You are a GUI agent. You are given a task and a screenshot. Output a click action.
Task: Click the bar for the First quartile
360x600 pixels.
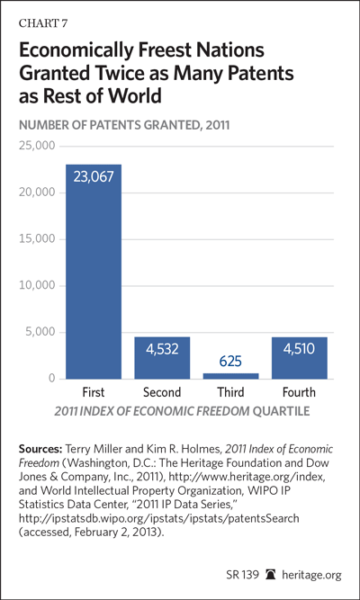(x=94, y=272)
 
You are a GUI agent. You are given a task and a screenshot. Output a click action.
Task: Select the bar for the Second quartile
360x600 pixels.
(x=162, y=358)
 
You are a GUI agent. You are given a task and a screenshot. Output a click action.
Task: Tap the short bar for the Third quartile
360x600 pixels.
(x=231, y=376)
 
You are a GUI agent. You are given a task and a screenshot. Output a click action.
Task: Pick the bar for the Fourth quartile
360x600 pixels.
(x=300, y=358)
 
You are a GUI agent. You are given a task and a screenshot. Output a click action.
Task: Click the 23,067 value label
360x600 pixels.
(x=94, y=177)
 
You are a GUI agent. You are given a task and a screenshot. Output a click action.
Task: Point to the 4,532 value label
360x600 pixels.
(x=162, y=349)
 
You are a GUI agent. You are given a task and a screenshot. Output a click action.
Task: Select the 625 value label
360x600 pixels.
(x=230, y=362)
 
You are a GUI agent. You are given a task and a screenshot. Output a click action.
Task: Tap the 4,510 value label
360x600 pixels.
(x=299, y=349)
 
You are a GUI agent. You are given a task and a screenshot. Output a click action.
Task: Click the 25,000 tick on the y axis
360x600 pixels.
(x=37, y=146)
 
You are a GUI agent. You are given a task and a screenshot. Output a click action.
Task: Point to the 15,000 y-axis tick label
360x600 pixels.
(x=37, y=239)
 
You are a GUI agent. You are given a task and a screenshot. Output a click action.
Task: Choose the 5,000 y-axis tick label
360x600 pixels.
(x=40, y=332)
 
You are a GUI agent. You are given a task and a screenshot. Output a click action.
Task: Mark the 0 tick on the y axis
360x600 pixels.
(x=51, y=379)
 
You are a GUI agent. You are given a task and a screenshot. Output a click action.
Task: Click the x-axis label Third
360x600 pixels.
(x=230, y=392)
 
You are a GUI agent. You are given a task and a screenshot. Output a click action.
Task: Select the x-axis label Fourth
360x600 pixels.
(x=299, y=392)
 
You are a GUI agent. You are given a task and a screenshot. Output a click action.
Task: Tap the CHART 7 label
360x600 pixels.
(x=43, y=23)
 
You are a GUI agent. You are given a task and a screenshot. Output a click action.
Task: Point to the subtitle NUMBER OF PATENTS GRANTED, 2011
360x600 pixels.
(x=124, y=125)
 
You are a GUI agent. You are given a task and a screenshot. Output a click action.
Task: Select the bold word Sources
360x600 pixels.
(x=40, y=449)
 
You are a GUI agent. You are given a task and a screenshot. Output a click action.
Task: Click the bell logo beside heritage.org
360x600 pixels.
(x=271, y=574)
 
